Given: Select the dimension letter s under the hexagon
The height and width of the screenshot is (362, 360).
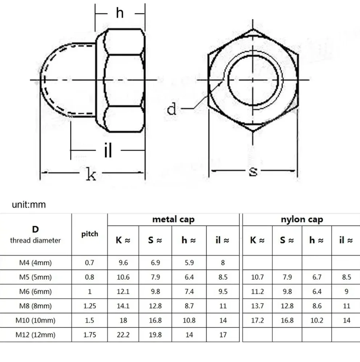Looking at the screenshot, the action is pos(253,171).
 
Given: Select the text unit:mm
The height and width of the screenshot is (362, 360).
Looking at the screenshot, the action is pos(29,204).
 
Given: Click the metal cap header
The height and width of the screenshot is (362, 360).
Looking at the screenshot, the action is pos(173,219).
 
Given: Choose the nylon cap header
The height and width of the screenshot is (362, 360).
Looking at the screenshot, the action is pos(302,219).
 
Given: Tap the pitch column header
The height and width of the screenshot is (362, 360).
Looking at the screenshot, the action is pos(90,234).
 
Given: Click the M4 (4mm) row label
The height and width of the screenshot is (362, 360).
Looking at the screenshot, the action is pos(36,263).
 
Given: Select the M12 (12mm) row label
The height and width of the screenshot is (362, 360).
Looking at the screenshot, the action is pos(36,334).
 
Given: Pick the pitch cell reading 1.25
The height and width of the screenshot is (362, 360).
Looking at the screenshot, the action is pos(90,306).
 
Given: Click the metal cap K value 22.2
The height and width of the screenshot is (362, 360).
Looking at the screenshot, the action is pos(123,334).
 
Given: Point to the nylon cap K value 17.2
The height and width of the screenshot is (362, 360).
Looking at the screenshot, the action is pos(257,320).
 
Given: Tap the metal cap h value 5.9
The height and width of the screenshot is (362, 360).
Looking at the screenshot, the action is pos(189,263).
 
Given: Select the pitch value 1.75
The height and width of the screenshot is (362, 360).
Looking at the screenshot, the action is pos(90,334).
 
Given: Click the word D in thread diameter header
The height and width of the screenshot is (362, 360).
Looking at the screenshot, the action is pos(35,229).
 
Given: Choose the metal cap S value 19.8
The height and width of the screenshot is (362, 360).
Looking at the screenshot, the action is pos(155,334).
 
